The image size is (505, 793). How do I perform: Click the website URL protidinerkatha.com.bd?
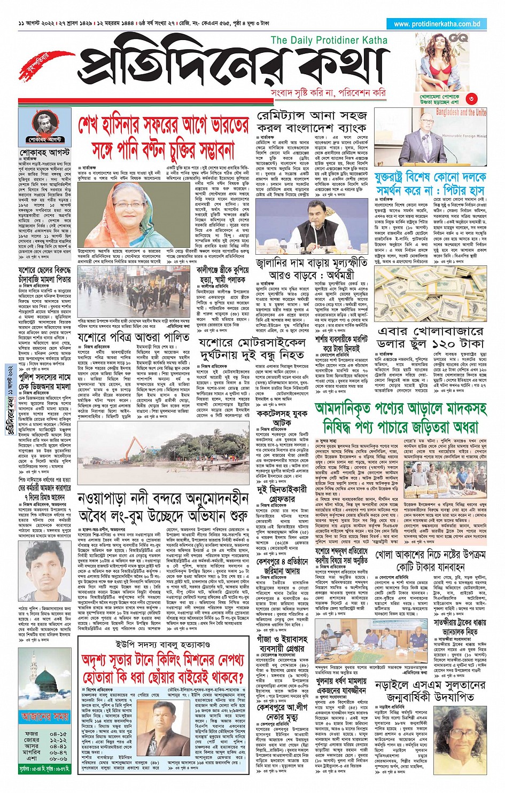pos(437,24)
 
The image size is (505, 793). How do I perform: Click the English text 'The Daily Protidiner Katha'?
pos(329,40)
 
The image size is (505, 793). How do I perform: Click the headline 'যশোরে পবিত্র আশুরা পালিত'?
pos(133,338)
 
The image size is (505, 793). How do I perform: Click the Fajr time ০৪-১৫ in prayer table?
pos(58,734)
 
